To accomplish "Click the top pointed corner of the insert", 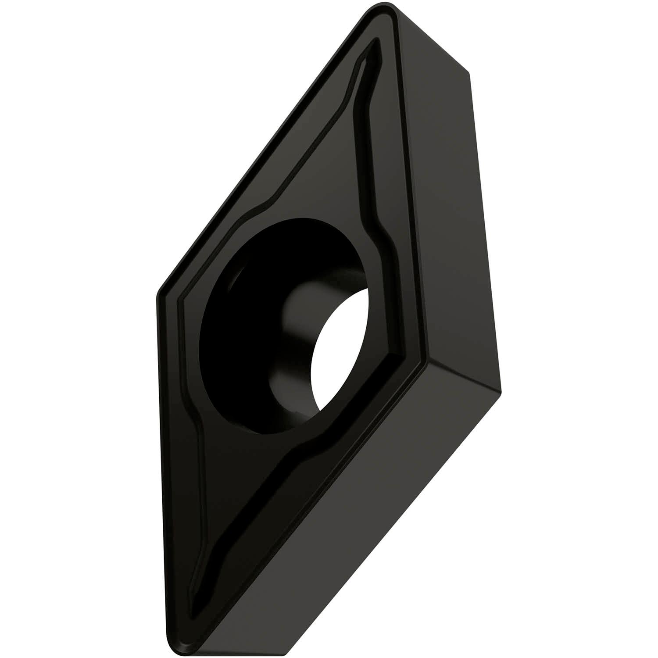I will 386,10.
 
